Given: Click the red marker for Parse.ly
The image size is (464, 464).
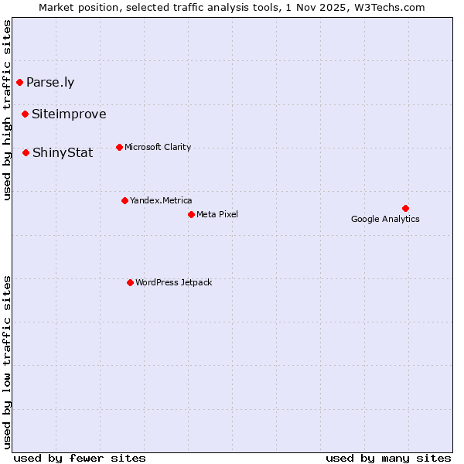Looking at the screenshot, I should point(19,82).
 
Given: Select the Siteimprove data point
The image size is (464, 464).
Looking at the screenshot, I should point(25,114).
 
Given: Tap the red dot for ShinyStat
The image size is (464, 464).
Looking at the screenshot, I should point(26,152).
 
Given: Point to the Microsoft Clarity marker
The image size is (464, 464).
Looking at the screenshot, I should point(119,147).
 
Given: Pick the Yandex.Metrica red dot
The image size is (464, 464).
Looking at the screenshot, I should point(125,200).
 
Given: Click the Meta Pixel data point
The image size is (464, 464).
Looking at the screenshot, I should point(191,214).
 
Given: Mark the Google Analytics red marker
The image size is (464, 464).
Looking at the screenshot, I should point(405,208).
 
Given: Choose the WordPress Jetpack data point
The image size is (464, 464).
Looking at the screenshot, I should point(130,282).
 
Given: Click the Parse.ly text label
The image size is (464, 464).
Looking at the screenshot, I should point(50,82).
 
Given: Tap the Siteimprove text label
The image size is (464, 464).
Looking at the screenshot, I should point(69,114).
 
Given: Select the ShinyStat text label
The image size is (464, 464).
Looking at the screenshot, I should point(63,152).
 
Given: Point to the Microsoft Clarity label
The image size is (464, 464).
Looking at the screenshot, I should point(158,147).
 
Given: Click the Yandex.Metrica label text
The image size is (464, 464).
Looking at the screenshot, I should point(161,200).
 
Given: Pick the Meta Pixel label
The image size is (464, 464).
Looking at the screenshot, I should point(217,214).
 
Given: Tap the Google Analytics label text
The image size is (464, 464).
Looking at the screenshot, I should point(385,219).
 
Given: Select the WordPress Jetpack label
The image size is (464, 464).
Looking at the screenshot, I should point(173,282).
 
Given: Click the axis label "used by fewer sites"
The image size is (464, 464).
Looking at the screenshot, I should point(80,458).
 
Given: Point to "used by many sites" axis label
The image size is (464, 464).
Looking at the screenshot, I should point(388,458).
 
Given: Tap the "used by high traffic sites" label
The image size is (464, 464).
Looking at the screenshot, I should point(8,111).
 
